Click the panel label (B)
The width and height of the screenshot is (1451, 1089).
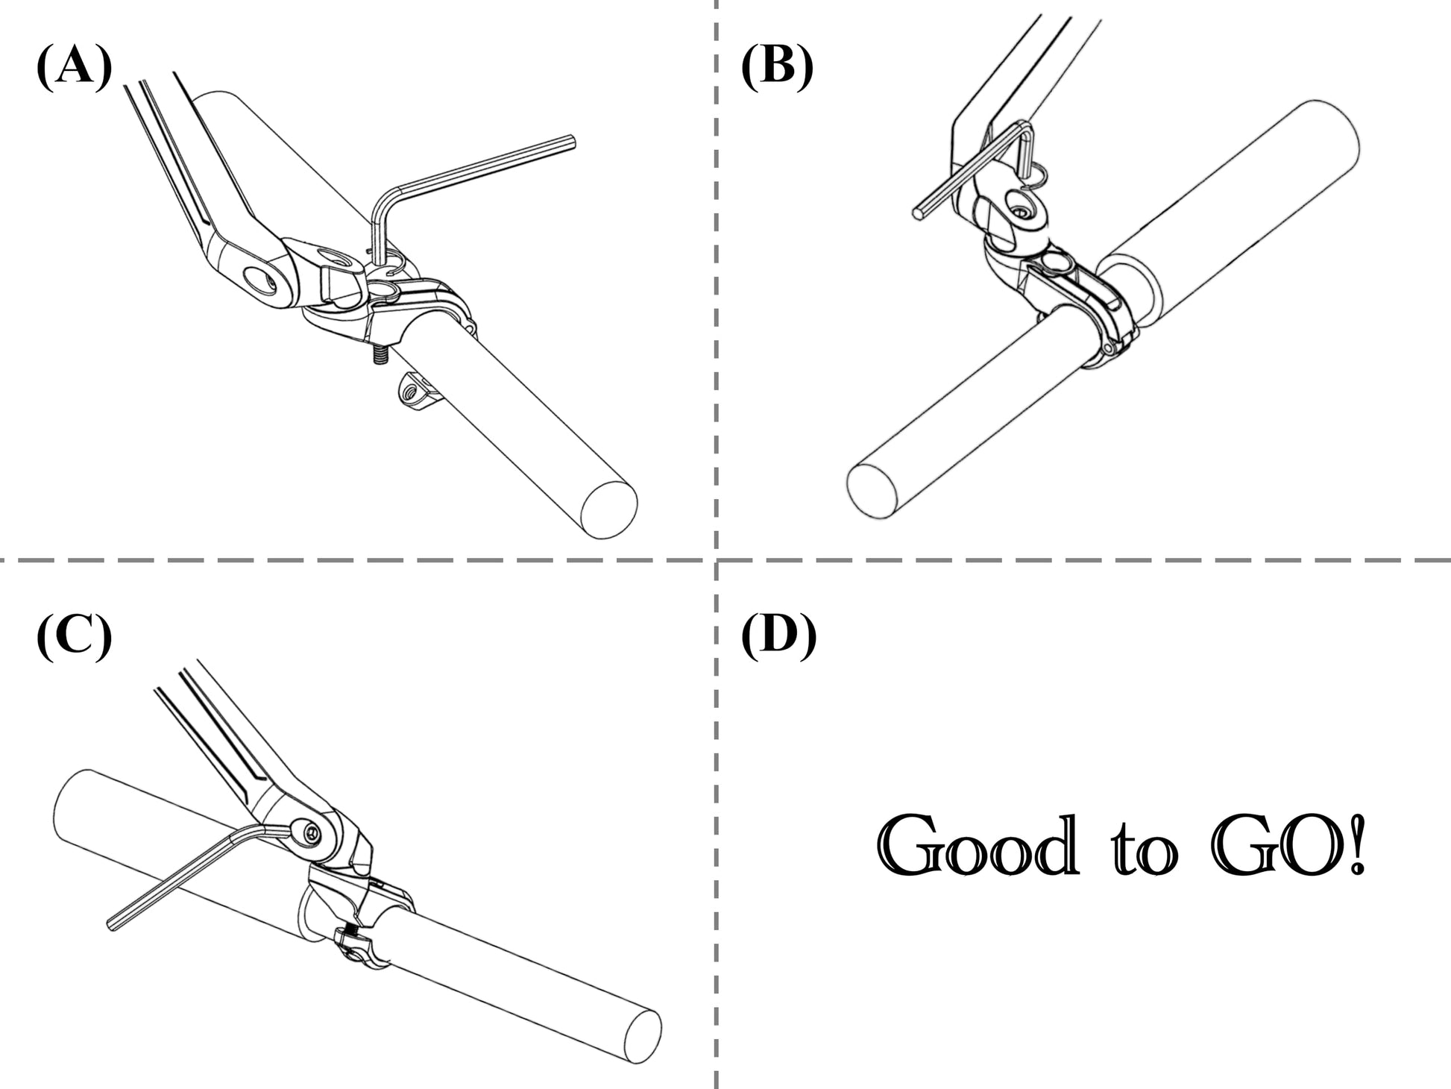(x=776, y=69)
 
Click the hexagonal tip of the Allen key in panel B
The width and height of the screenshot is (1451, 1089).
(x=917, y=213)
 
